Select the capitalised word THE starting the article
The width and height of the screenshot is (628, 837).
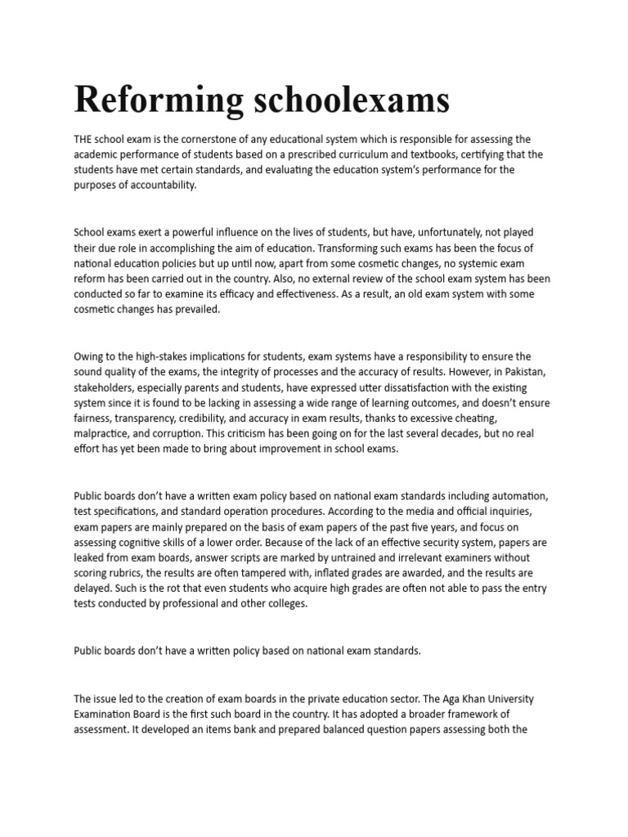click(85, 139)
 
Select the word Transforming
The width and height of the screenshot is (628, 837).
click(352, 248)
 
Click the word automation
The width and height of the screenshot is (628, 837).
click(520, 496)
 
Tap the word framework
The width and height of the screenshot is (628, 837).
click(491, 714)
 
